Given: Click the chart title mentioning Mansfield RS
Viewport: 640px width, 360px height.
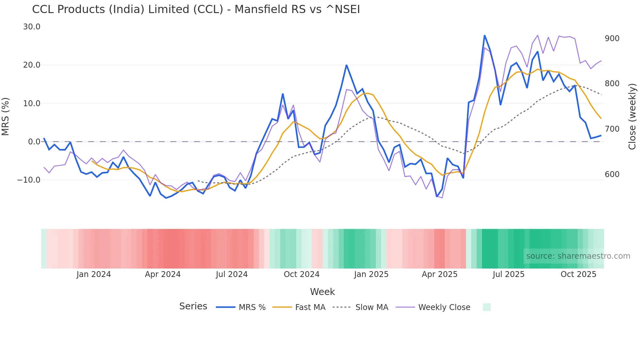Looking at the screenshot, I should pos(196,9).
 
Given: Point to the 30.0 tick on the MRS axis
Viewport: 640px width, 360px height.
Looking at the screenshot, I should pos(32,27).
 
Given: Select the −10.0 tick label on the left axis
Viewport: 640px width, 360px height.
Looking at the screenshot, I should pos(29,180).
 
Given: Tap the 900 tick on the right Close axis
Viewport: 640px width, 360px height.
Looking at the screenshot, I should pos(612,39).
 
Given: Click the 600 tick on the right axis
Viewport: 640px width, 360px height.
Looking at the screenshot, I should pos(612,174).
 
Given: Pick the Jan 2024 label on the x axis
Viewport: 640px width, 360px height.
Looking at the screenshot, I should pos(94,274).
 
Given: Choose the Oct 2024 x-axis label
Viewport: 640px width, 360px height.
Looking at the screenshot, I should pos(301,274).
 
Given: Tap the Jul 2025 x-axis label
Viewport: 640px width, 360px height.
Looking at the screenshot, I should pos(508,274).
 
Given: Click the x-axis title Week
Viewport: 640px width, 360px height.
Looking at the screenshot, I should pos(322,292).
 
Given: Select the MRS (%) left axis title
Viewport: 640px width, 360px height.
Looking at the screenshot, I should pos(6,116).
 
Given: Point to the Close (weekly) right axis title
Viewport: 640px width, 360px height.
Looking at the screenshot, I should pos(632,116).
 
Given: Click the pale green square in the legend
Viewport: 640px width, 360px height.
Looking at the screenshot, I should pos(487,307).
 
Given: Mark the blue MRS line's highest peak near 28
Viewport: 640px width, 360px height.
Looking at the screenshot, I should pos(485,35).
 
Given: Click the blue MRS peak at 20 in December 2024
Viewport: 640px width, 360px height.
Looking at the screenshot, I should pos(346,65).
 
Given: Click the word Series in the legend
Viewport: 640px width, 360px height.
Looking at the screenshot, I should pos(193,306).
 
